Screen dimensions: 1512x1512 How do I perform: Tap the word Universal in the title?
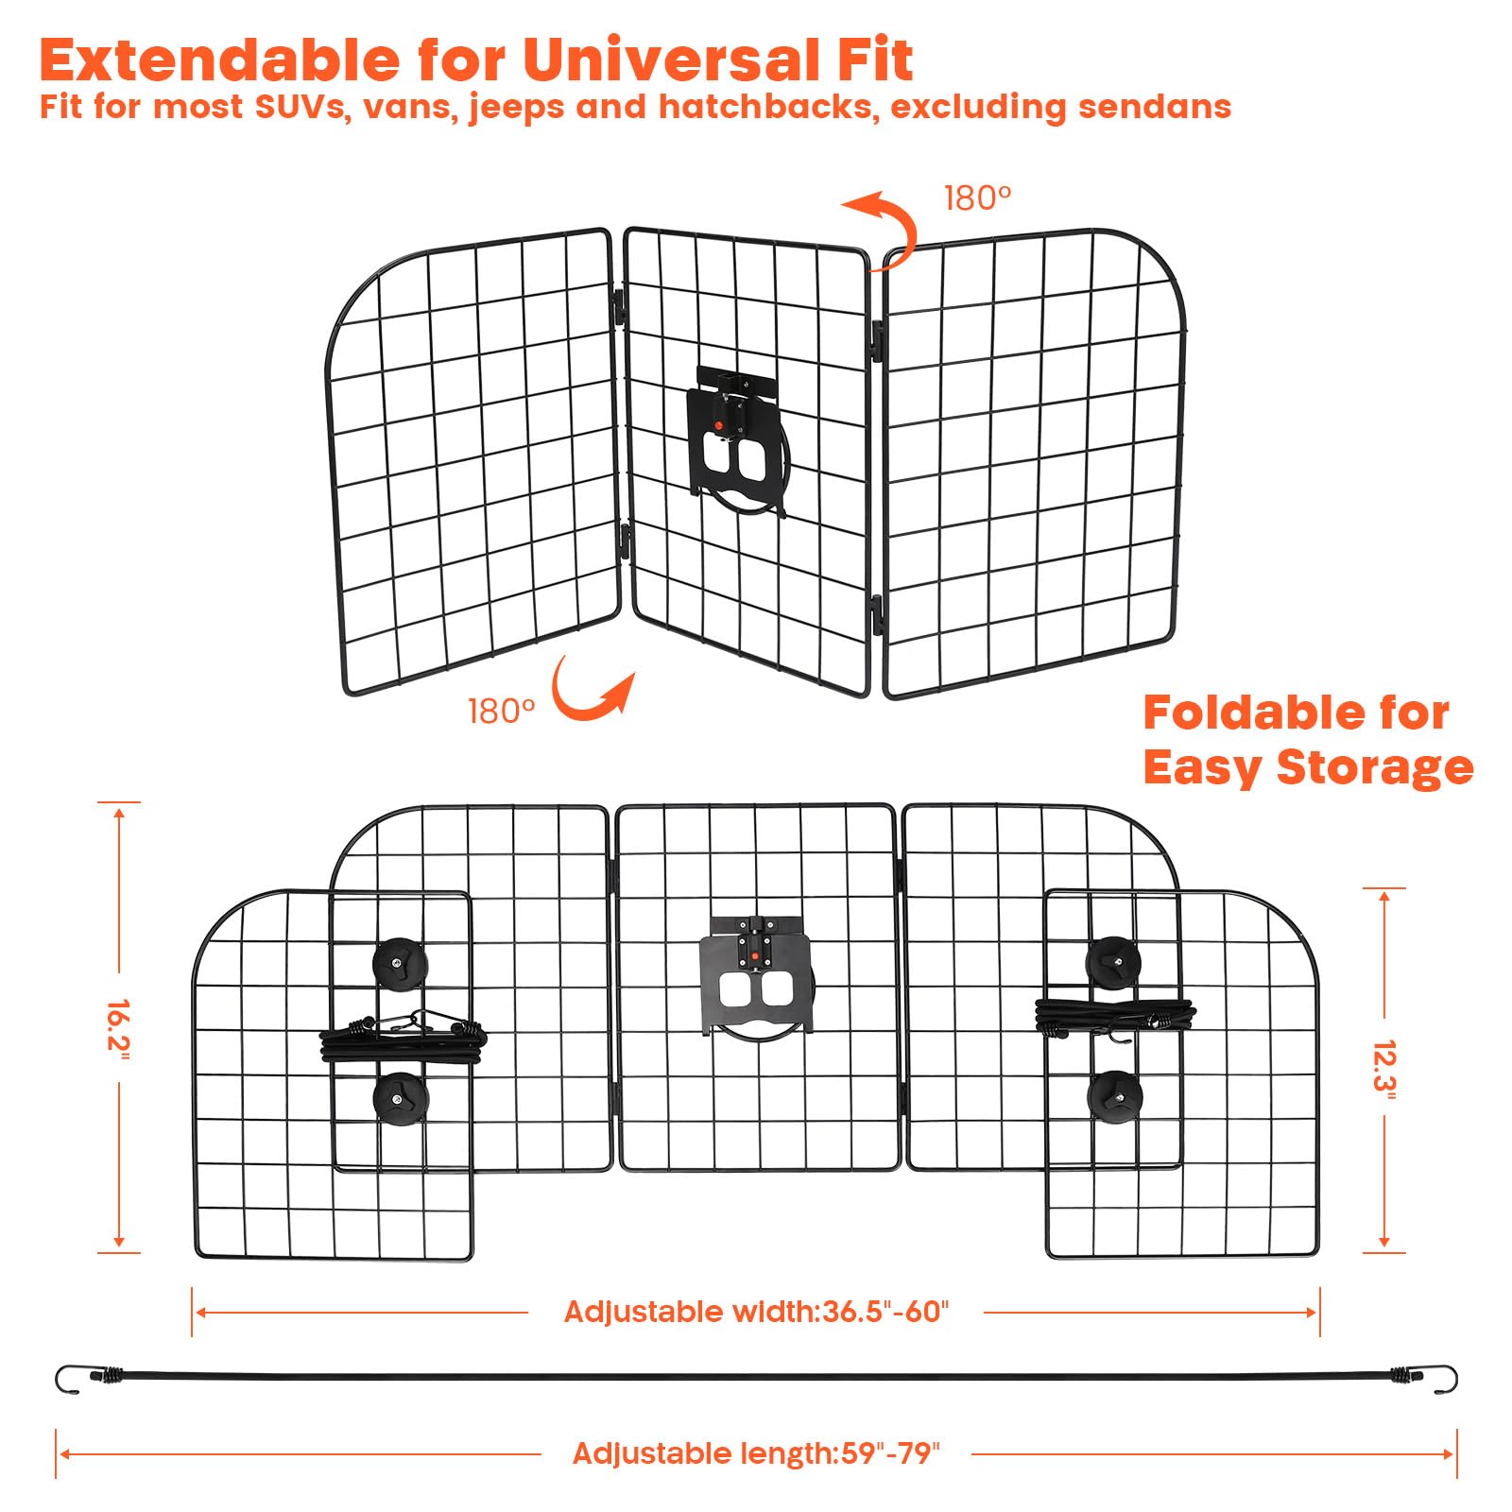click(671, 60)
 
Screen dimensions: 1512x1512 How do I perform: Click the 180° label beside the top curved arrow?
click(977, 198)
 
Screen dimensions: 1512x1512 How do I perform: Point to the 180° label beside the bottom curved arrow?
click(501, 711)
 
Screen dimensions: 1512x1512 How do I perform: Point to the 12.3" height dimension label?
click(1384, 1070)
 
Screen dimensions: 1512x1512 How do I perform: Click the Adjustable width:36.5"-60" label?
click(756, 1312)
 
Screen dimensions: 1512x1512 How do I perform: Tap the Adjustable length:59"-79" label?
click(757, 1453)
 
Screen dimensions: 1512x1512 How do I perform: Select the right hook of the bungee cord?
click(1445, 1379)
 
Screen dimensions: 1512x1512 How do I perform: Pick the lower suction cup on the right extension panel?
click(1114, 1096)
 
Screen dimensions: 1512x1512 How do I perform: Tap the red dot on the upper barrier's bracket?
click(718, 427)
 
